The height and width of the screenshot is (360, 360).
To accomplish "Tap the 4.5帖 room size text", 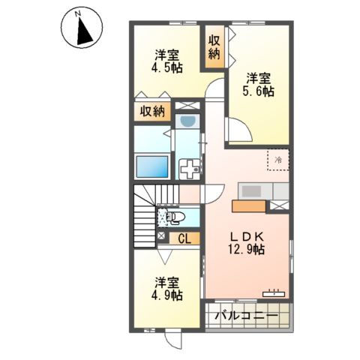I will click(x=168, y=61).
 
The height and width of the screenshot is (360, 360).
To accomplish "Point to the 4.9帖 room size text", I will click(x=168, y=289).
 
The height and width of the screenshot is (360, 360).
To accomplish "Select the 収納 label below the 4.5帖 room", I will click(x=151, y=112).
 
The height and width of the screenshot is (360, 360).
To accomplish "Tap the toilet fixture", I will click(x=175, y=218).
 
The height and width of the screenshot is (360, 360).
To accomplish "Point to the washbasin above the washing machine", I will click(x=187, y=121).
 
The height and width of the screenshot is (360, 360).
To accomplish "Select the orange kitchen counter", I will click(x=249, y=205).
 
